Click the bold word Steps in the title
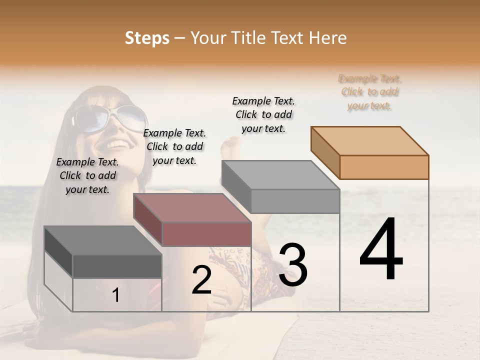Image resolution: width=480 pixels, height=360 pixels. tap(147, 38)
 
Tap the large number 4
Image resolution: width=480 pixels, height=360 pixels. tap(381, 250)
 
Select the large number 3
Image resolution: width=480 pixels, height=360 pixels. tap(293, 265)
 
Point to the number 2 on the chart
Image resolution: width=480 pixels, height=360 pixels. tap(201, 280)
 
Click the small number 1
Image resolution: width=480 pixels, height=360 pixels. tap(116, 295)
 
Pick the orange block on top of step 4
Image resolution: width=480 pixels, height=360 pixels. tap(370, 152)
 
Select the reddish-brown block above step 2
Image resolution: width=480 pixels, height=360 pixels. tap(192, 220)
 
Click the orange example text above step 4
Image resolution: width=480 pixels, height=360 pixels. tap(370, 92)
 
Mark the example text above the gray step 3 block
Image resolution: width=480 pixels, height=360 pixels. tap(263, 114)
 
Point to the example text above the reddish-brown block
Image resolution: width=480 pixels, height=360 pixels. tap(174, 146)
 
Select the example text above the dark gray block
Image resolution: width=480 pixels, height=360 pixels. tap(87, 175)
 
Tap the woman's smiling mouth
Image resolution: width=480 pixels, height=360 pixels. tap(118, 144)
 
